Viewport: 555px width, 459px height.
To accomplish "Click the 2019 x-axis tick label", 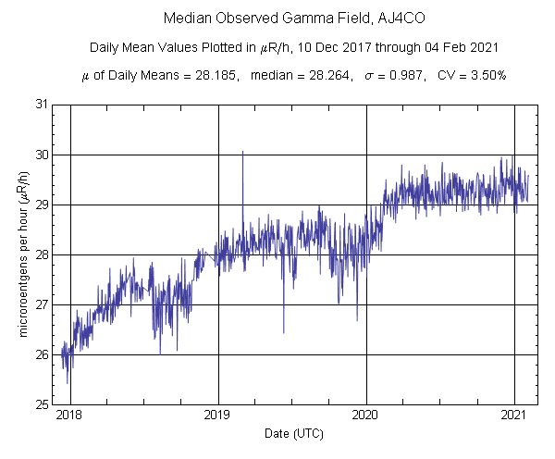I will coord(218,417).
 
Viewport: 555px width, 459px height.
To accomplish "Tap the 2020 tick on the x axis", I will coord(366,417).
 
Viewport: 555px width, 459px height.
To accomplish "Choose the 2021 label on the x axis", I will coord(514,417).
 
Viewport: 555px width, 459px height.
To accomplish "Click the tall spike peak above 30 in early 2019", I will coord(242,151).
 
